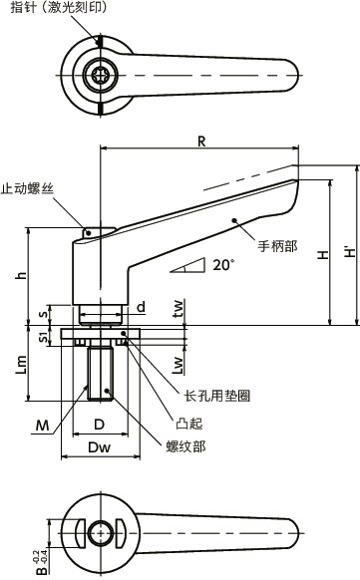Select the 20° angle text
(x=222, y=265)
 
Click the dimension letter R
(x=201, y=142)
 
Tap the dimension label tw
(x=178, y=311)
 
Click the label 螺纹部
(x=184, y=446)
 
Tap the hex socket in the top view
(x=101, y=77)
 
